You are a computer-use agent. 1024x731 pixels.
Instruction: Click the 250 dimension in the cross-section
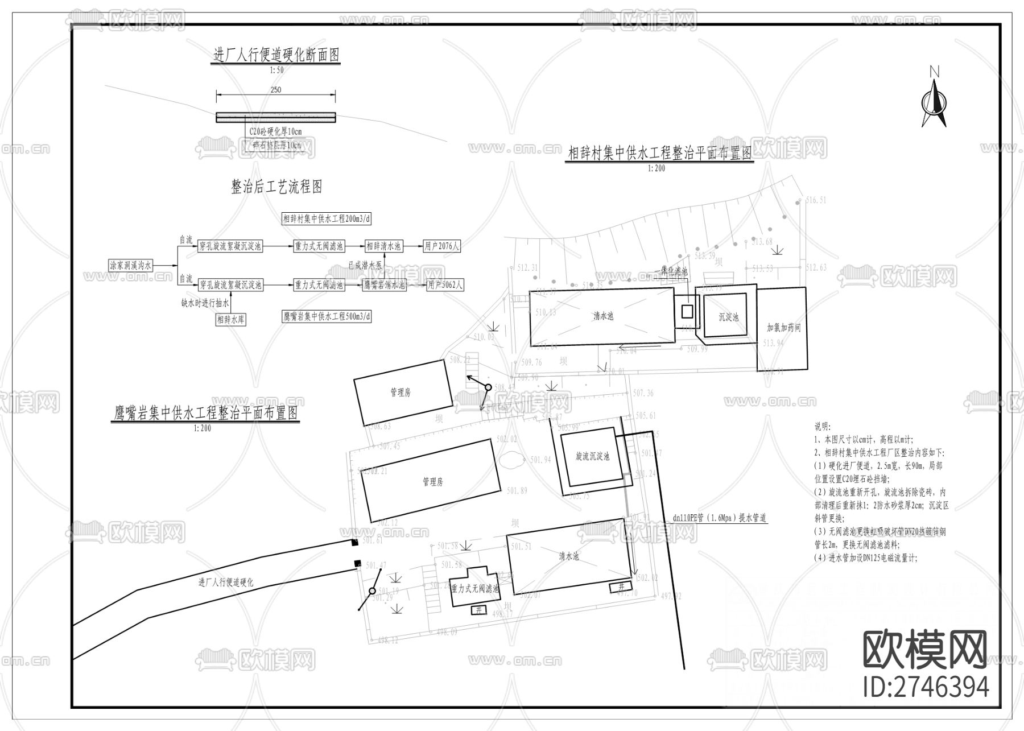click(275, 90)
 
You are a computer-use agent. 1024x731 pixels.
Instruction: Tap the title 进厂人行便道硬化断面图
click(276, 55)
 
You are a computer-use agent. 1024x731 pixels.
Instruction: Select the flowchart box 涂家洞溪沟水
click(131, 265)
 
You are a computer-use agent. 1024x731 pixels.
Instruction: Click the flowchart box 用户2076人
click(442, 246)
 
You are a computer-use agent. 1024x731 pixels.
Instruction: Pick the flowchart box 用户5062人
click(445, 285)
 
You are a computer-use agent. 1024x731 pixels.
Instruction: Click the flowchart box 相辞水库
click(231, 320)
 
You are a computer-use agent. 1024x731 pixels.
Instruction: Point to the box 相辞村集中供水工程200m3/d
click(327, 218)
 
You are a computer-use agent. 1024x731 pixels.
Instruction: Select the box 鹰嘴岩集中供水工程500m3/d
click(327, 316)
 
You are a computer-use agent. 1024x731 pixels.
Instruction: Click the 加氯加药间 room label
click(783, 328)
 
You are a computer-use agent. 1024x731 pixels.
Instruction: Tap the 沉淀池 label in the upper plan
click(728, 317)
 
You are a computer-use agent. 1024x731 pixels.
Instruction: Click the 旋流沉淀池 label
click(592, 456)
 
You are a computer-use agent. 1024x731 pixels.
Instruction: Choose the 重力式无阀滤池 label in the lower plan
click(475, 589)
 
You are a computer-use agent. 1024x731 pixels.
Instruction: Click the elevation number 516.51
click(816, 200)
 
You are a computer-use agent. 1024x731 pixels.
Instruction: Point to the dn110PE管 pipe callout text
click(719, 518)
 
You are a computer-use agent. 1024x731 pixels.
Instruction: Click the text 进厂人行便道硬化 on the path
click(226, 583)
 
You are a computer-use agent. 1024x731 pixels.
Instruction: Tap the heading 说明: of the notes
click(823, 426)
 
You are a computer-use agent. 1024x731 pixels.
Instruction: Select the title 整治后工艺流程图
click(276, 187)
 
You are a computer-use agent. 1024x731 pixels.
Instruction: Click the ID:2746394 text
click(926, 687)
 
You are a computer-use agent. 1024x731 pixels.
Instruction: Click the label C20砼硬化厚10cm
click(275, 131)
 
